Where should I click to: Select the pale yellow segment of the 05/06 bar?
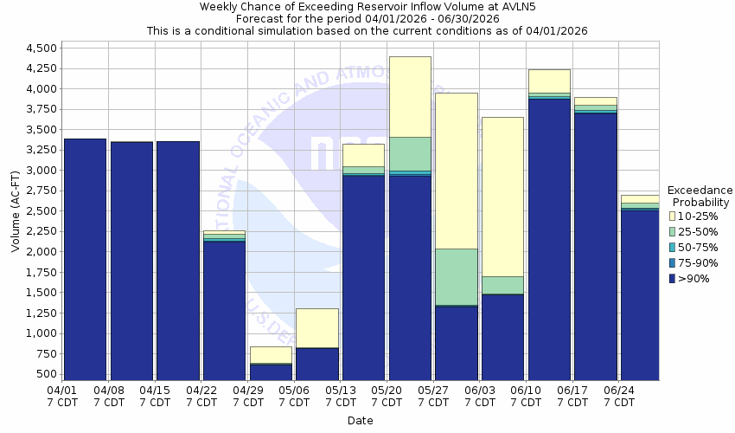[316, 327]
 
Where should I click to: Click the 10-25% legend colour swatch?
[673, 216]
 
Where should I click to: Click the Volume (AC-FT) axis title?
[16, 211]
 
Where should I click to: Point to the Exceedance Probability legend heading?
[700, 197]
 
